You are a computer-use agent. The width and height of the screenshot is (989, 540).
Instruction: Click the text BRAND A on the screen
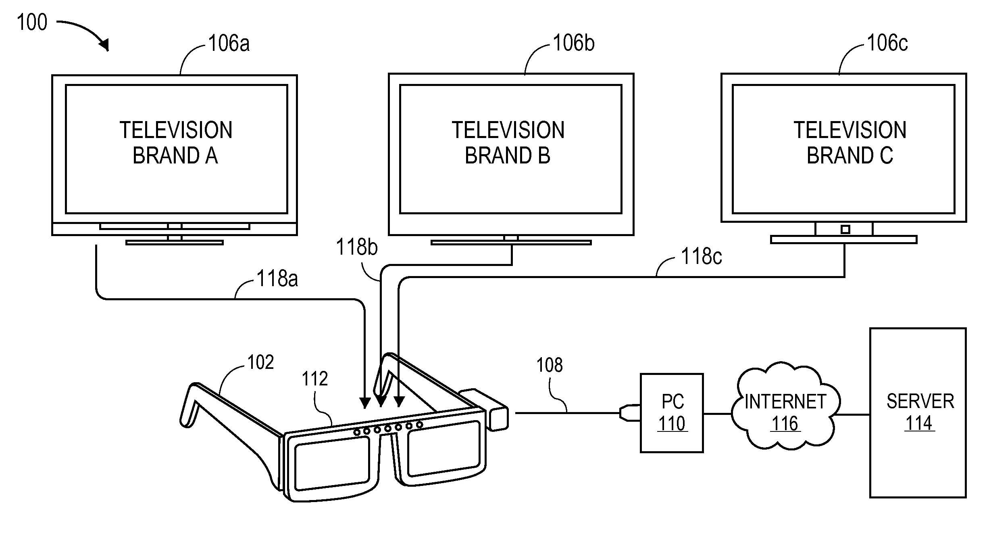point(175,156)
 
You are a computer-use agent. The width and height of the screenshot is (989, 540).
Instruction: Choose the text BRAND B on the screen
point(507,156)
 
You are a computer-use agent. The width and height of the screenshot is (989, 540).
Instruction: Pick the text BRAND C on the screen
point(849,156)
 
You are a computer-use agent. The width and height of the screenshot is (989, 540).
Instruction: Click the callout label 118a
point(277,278)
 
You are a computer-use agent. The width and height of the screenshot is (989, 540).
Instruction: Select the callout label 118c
point(701,256)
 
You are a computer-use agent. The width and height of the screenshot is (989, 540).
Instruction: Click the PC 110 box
point(672,413)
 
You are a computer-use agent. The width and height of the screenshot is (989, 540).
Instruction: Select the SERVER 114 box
point(918,412)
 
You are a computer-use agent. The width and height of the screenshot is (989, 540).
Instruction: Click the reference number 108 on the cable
point(549,365)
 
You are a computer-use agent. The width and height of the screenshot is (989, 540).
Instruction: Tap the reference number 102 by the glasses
point(260,362)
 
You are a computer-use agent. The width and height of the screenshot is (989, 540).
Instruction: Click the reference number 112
point(314,379)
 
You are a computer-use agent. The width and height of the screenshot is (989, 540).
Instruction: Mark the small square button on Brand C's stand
point(845,230)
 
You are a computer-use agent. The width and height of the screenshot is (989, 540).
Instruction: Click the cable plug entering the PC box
point(629,413)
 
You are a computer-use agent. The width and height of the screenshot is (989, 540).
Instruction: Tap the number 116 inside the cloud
point(785,424)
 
